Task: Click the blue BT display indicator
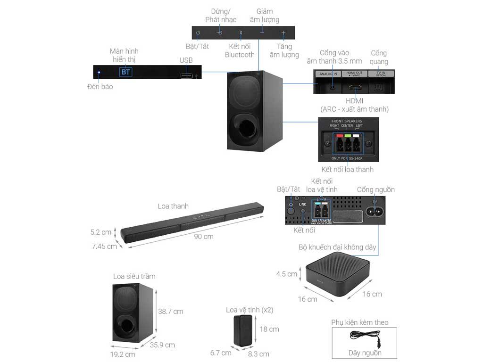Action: click(x=125, y=72)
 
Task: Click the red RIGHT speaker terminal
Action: click(x=339, y=144)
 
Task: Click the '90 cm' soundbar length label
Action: click(x=204, y=236)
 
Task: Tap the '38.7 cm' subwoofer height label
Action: click(x=171, y=312)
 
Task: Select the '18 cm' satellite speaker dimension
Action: click(x=270, y=329)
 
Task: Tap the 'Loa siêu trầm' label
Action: click(x=134, y=276)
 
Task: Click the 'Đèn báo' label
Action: click(x=100, y=87)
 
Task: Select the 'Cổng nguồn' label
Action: click(x=375, y=190)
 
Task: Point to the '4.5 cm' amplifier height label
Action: click(x=287, y=274)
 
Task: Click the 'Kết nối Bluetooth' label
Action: click(x=240, y=51)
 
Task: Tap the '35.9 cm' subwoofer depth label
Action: click(x=163, y=345)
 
